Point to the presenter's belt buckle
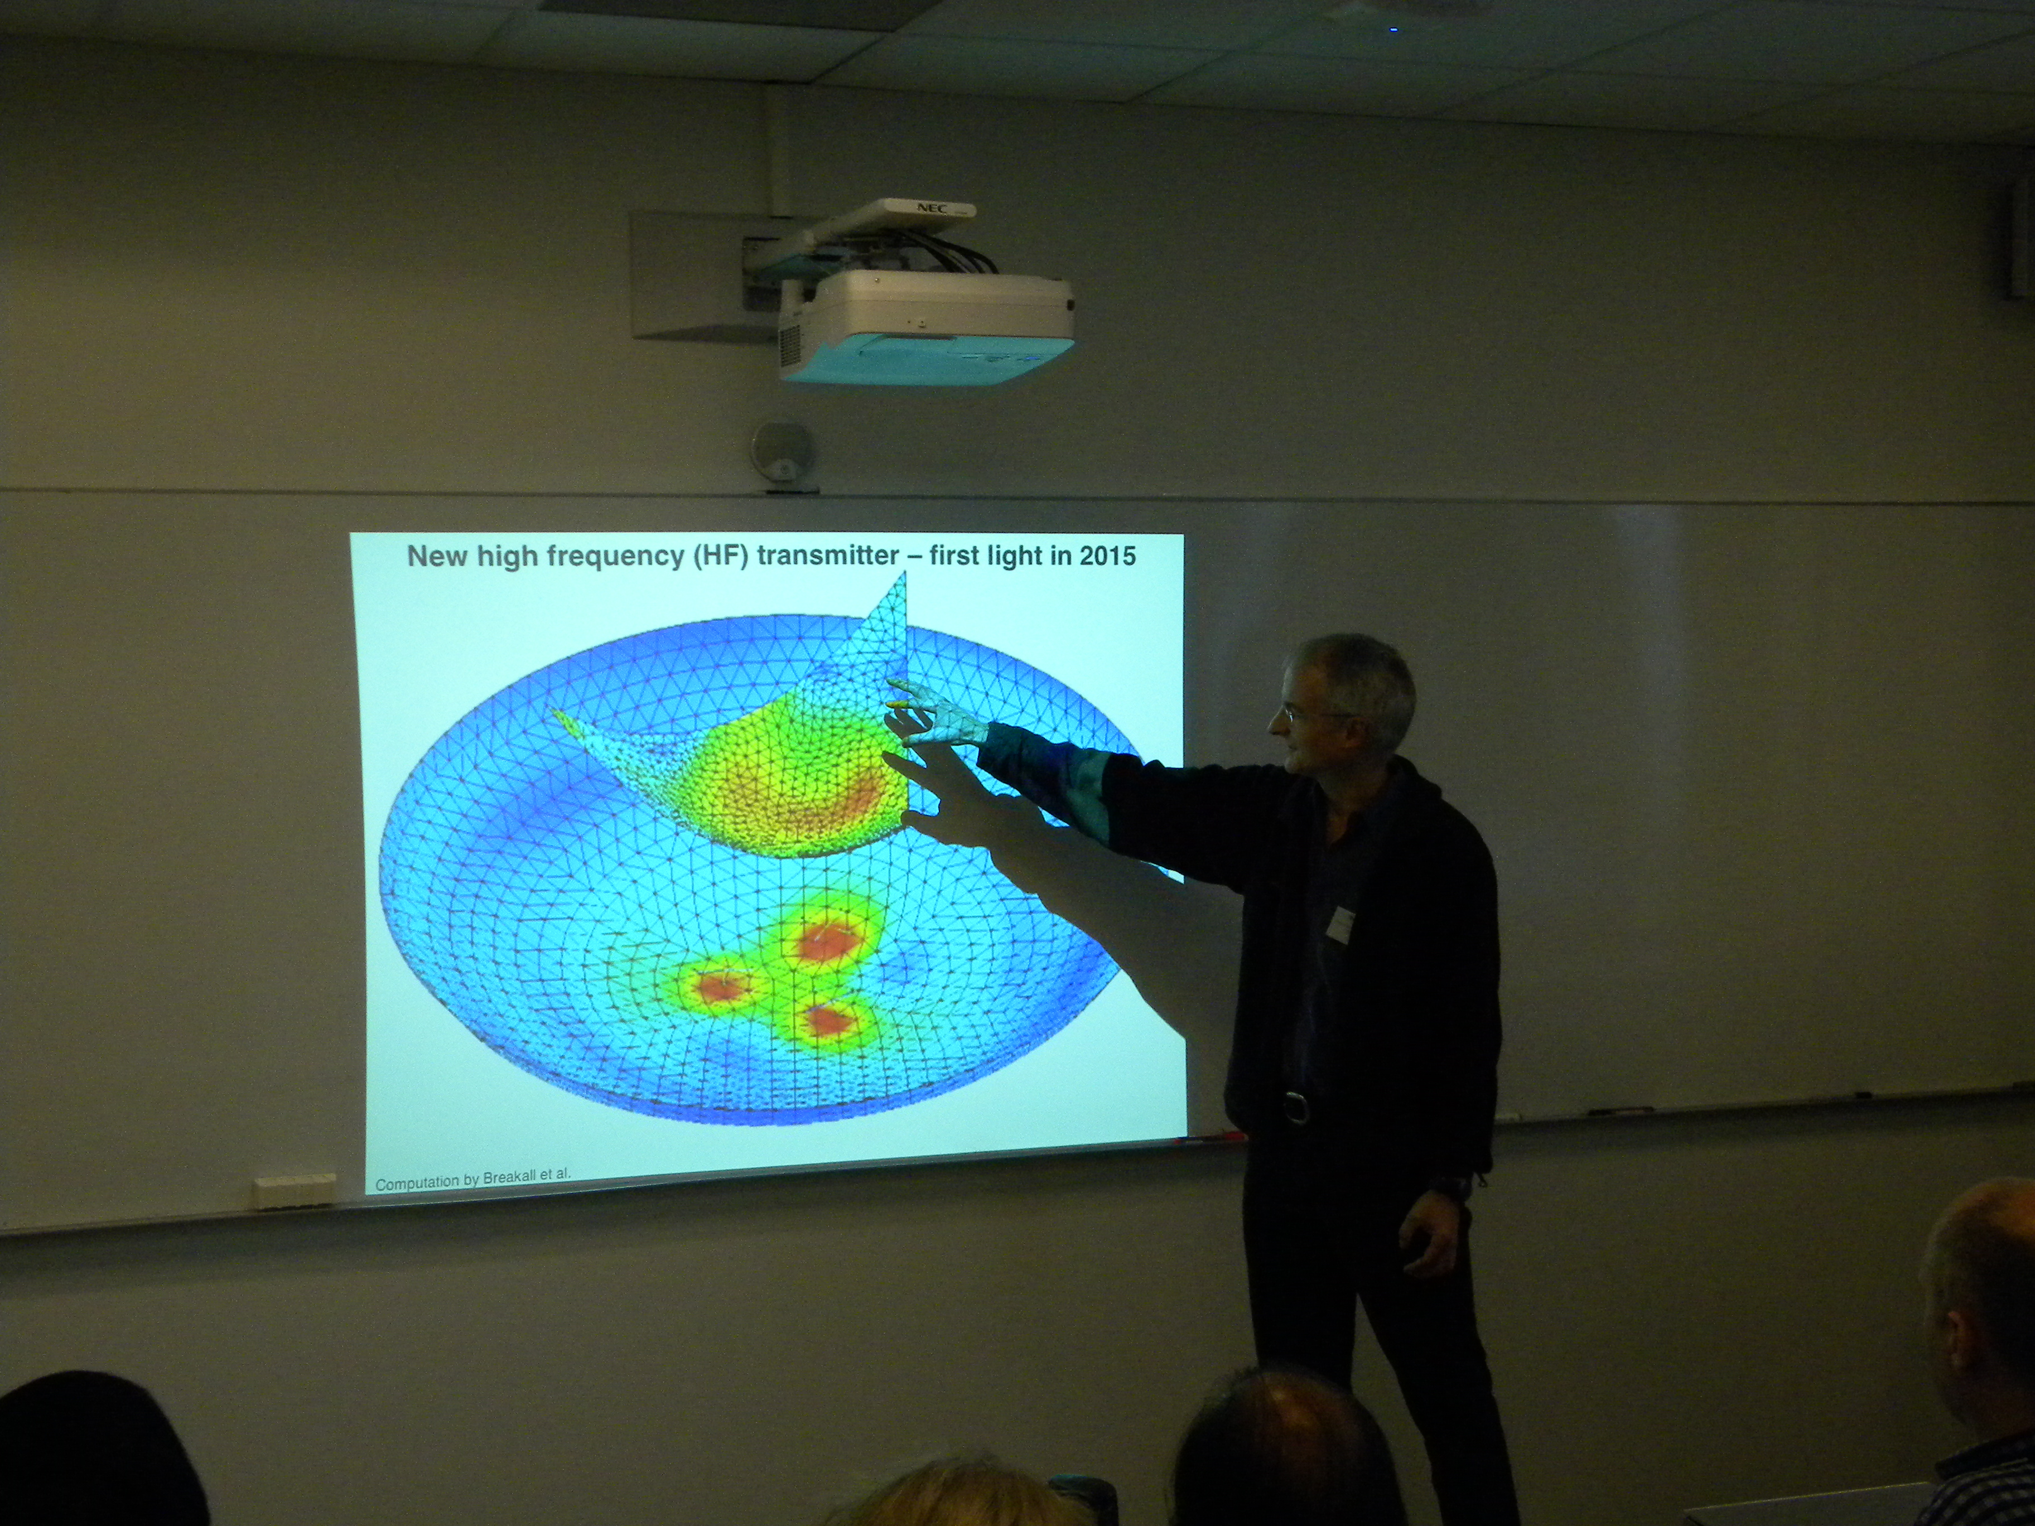1295,1107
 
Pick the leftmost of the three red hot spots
722,988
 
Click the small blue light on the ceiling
1394,30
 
